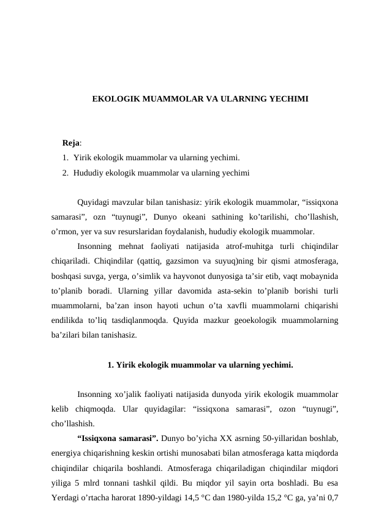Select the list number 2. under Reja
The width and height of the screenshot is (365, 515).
[x=66, y=173]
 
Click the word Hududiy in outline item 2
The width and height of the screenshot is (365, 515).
[x=88, y=173]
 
